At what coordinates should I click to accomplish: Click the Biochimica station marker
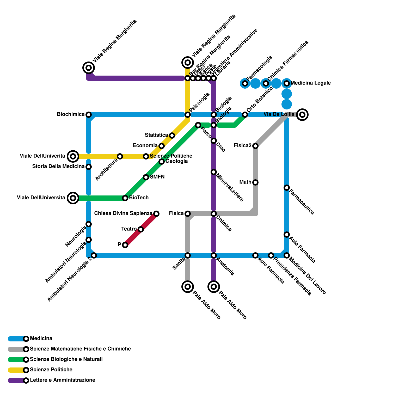pyautogui.click(x=89, y=115)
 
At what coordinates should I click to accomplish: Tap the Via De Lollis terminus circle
pyautogui.click(x=302, y=114)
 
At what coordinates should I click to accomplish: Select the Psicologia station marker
pyautogui.click(x=188, y=115)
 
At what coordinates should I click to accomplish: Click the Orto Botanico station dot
pyautogui.click(x=245, y=115)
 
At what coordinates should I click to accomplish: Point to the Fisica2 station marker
pyautogui.click(x=255, y=146)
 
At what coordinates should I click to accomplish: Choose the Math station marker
pyautogui.click(x=255, y=182)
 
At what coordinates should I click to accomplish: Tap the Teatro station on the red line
pyautogui.click(x=141, y=229)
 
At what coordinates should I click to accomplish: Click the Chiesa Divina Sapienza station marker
pyautogui.click(x=156, y=214)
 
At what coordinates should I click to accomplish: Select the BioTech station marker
pyautogui.click(x=125, y=198)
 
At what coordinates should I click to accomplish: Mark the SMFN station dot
pyautogui.click(x=146, y=177)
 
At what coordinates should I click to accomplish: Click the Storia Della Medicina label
pyautogui.click(x=58, y=167)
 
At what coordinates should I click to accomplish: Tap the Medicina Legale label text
pyautogui.click(x=310, y=83)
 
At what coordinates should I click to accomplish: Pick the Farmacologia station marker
pyautogui.click(x=245, y=83)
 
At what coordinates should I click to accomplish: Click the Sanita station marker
pyautogui.click(x=188, y=255)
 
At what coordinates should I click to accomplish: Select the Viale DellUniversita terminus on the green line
pyautogui.click(x=73, y=198)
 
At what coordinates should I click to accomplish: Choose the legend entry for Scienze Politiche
pyautogui.click(x=51, y=370)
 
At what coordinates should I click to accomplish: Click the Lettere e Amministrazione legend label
pyautogui.click(x=62, y=380)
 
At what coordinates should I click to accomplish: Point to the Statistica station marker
pyautogui.click(x=172, y=136)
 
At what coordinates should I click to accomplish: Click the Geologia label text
pyautogui.click(x=176, y=161)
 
